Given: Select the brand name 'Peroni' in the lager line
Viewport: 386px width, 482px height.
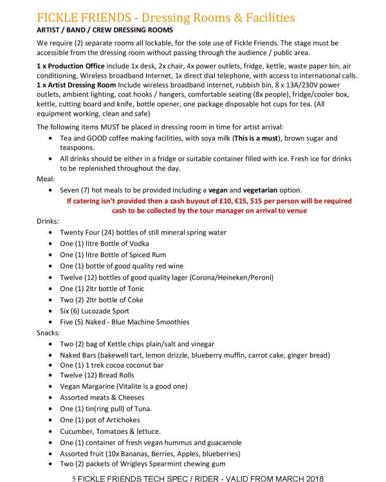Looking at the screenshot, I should (259, 277).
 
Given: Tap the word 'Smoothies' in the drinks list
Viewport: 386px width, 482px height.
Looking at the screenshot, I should (170, 322).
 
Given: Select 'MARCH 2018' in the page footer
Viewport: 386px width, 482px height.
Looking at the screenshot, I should (303, 477).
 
